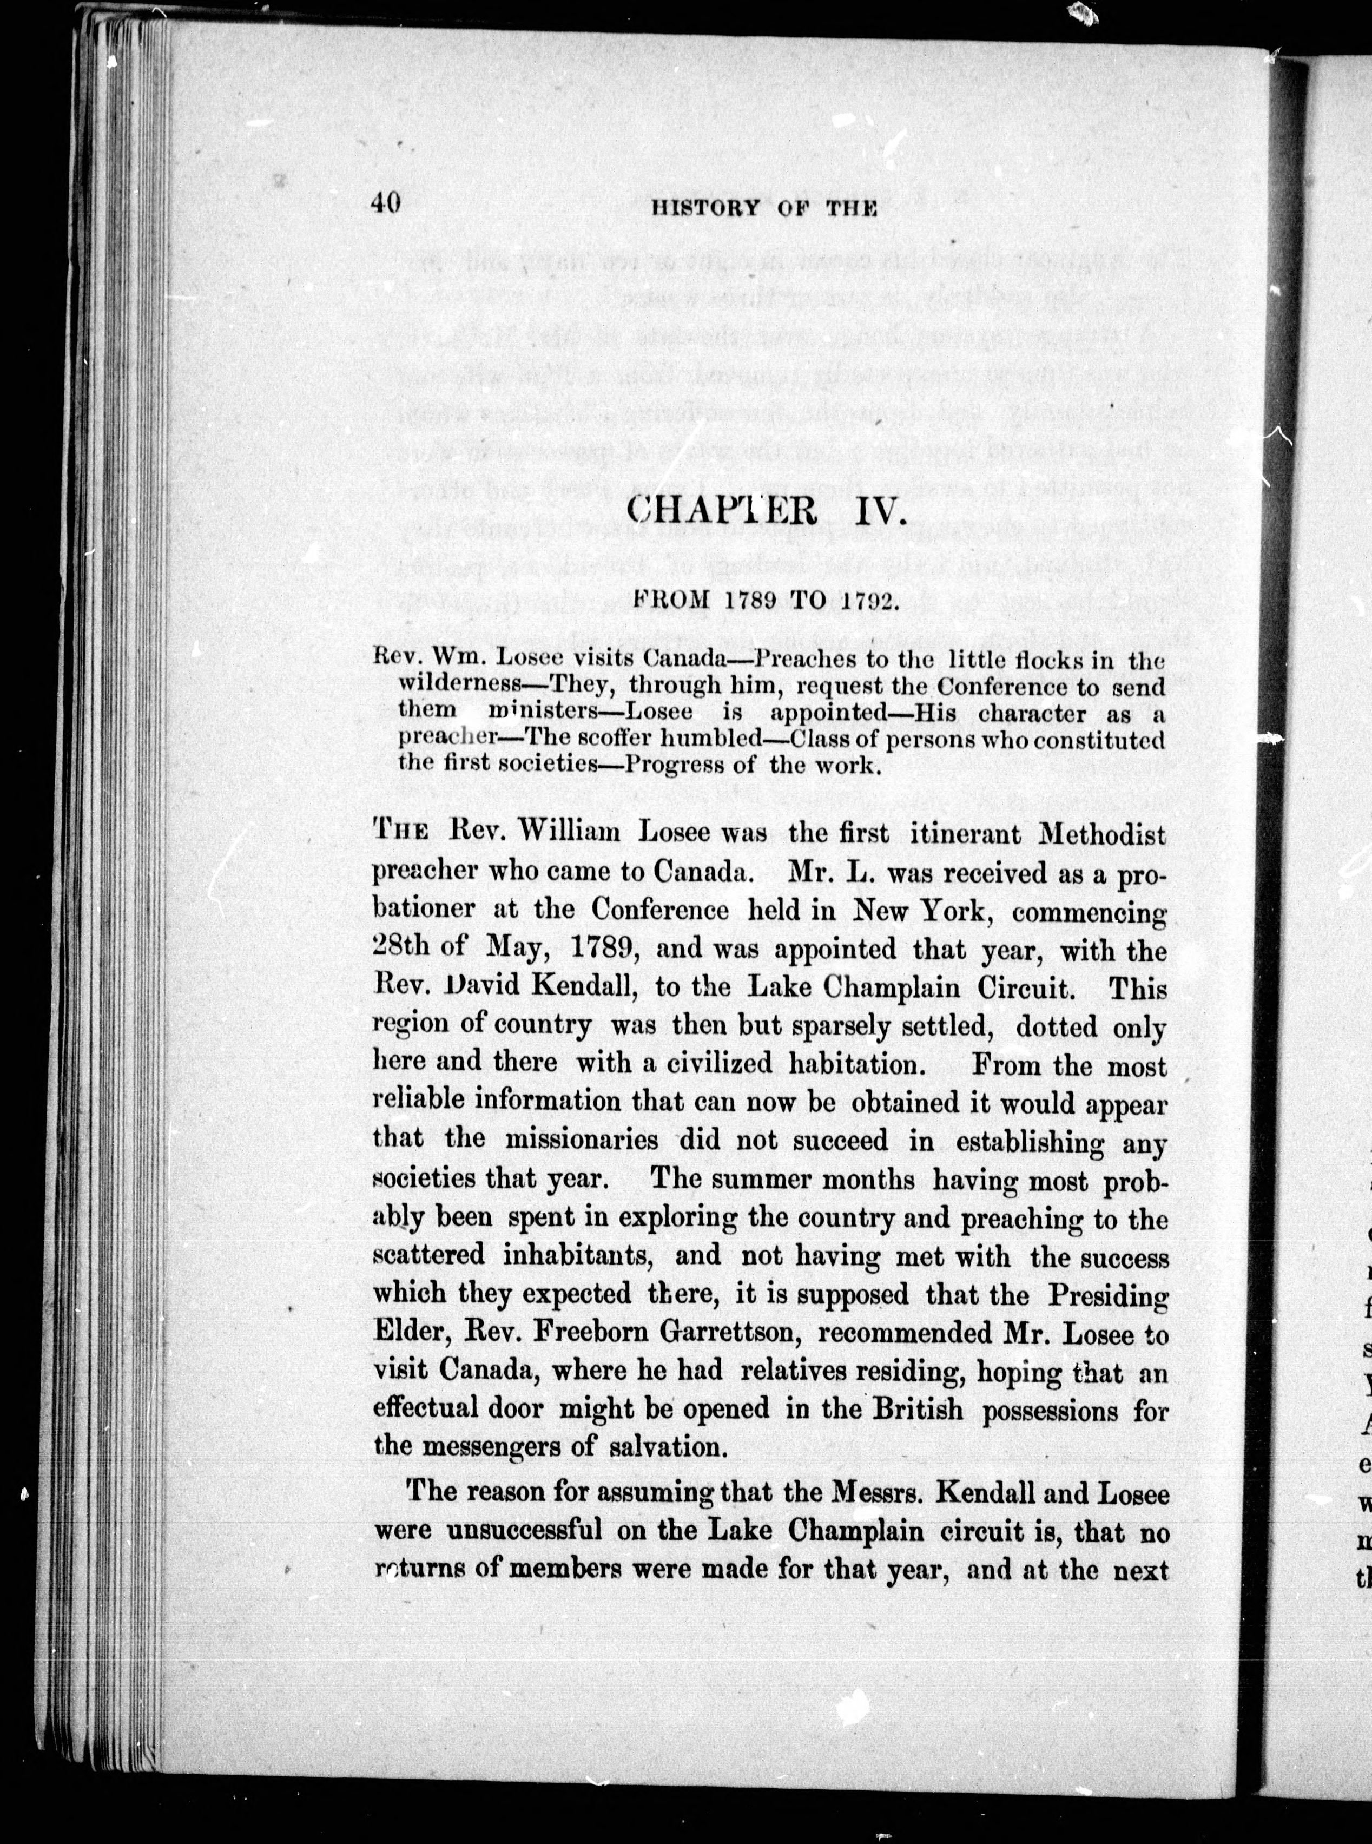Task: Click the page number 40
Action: (387, 203)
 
